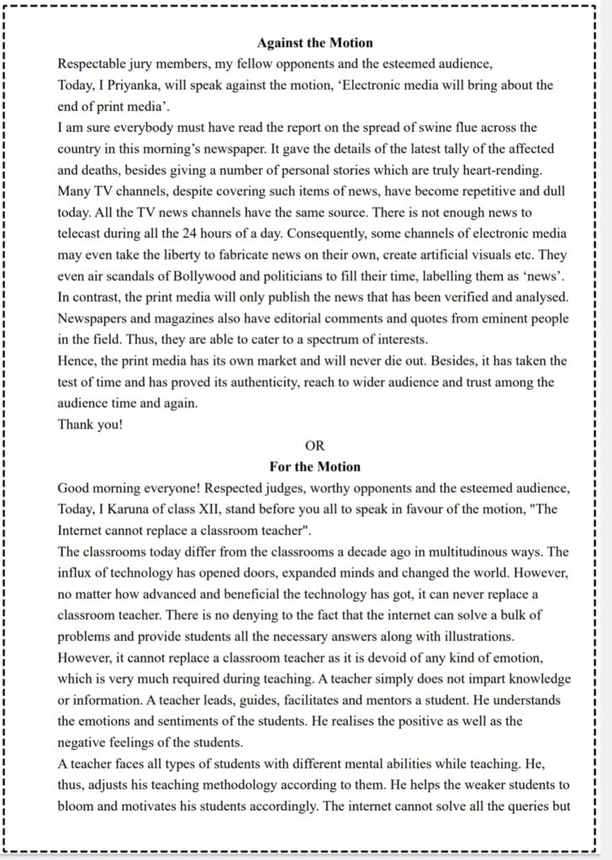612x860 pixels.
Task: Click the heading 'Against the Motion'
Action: pos(314,42)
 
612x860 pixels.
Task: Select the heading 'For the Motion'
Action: pos(314,466)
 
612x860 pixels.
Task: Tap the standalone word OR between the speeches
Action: pos(314,445)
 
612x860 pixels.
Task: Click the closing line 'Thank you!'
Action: pos(90,424)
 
